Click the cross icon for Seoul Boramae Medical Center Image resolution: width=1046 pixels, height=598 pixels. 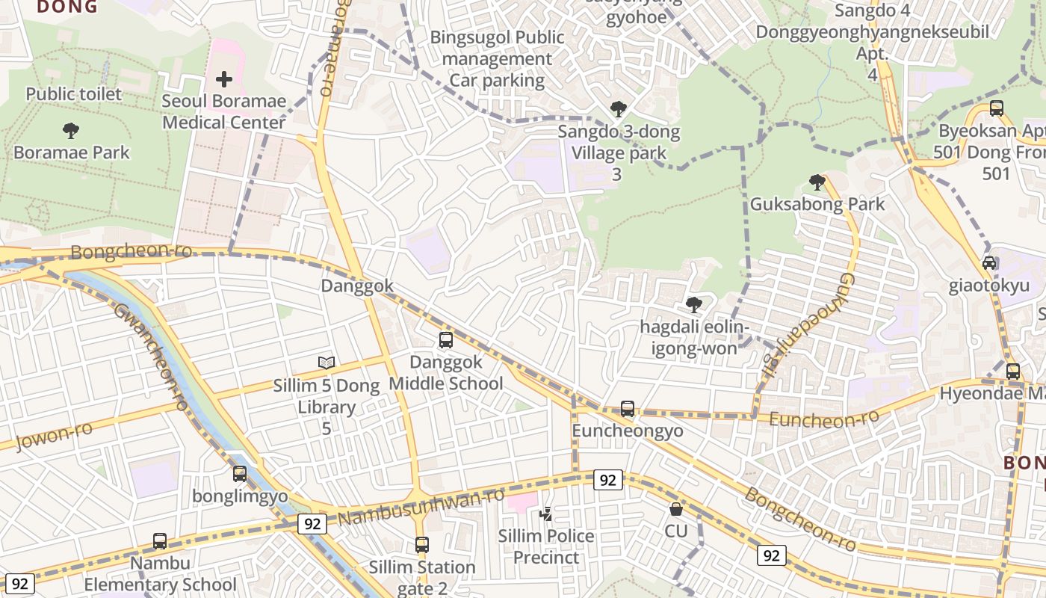[x=223, y=79]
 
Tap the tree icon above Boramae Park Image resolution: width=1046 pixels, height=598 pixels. [x=71, y=131]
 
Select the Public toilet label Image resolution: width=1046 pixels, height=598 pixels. [x=73, y=94]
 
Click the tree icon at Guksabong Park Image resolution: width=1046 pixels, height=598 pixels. [x=817, y=182]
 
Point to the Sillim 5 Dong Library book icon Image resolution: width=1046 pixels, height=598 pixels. [x=327, y=363]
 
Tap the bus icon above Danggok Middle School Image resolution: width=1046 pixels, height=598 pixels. [x=446, y=340]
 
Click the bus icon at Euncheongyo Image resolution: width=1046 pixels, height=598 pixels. [x=628, y=409]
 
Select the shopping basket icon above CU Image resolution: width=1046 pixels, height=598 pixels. [x=676, y=509]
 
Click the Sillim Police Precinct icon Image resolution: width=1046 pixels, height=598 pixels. [x=546, y=514]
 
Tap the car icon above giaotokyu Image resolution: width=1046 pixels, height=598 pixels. [x=989, y=263]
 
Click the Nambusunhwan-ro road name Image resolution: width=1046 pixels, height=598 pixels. [x=421, y=508]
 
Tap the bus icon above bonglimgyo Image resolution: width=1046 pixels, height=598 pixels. [x=240, y=474]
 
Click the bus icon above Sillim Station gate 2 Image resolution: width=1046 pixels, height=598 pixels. [x=422, y=545]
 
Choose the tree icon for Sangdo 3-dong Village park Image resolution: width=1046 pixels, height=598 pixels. [x=619, y=109]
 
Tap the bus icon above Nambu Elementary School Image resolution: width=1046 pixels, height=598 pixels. [x=160, y=541]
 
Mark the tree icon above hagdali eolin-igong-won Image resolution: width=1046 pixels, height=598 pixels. [x=694, y=304]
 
